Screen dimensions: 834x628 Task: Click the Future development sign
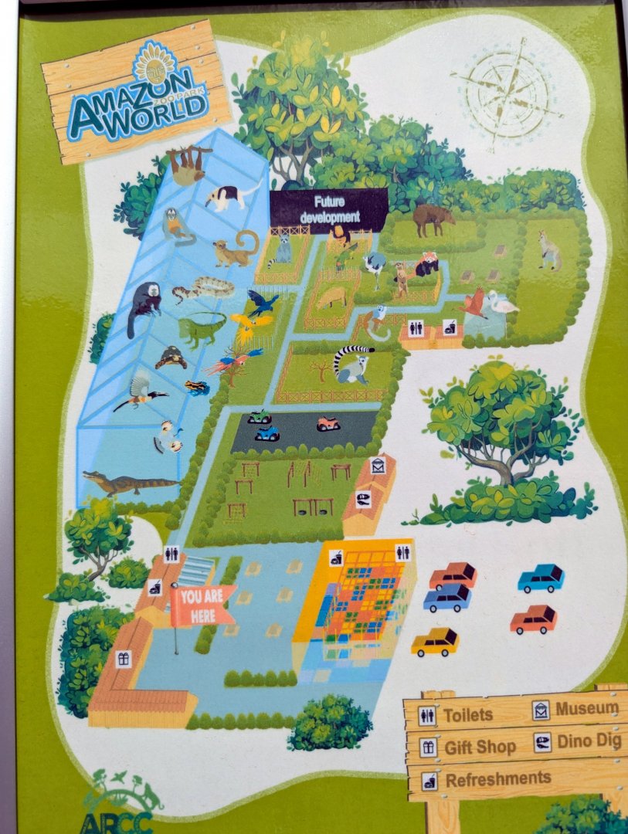pos(328,209)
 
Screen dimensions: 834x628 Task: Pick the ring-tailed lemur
pos(352,364)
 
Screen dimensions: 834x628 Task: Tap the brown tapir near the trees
pos(433,219)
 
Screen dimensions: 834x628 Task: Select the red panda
pos(426,265)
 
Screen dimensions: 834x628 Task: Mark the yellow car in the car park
pos(435,641)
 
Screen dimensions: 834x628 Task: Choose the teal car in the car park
pos(541,578)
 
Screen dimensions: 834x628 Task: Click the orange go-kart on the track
pos(328,423)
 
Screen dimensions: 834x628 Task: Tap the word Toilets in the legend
pos(467,714)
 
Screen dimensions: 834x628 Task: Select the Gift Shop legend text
pos(480,748)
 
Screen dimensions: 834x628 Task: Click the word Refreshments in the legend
pos(498,778)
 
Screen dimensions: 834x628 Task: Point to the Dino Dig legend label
pos(587,742)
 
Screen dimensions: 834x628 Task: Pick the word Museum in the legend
pos(587,708)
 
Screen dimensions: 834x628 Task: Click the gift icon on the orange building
pos(121,659)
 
